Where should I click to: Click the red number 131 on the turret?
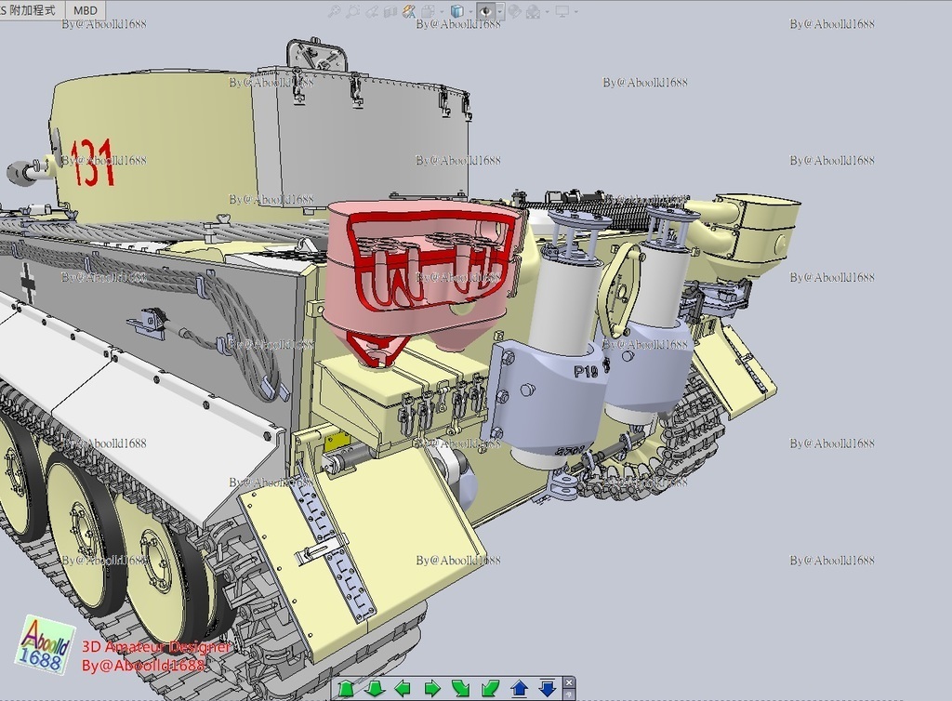(93, 163)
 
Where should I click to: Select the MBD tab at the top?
(85, 10)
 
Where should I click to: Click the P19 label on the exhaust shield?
(586, 372)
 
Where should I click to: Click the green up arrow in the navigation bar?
(346, 689)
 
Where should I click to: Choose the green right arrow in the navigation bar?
(432, 689)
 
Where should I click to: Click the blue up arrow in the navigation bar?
(520, 689)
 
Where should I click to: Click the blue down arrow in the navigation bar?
(548, 689)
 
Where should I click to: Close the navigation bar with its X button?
(569, 682)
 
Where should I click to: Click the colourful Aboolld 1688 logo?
(45, 644)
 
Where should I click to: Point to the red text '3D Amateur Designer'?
(155, 646)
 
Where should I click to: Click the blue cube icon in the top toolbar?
(456, 11)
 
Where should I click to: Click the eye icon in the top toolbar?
(485, 11)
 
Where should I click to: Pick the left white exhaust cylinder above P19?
(562, 298)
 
